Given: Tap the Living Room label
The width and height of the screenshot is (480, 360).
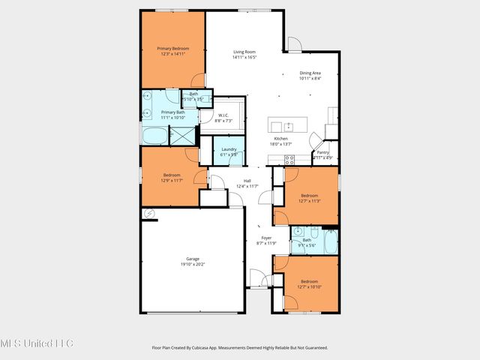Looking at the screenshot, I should (244, 51).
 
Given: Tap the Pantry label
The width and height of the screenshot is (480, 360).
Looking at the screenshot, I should (322, 152).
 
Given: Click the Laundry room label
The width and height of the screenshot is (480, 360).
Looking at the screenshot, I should (229, 148).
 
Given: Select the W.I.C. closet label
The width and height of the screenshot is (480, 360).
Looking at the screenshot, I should (223, 115).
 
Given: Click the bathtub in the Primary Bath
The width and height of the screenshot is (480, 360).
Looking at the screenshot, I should (155, 136).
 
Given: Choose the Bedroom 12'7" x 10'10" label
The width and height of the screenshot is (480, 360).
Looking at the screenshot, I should (309, 286).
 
